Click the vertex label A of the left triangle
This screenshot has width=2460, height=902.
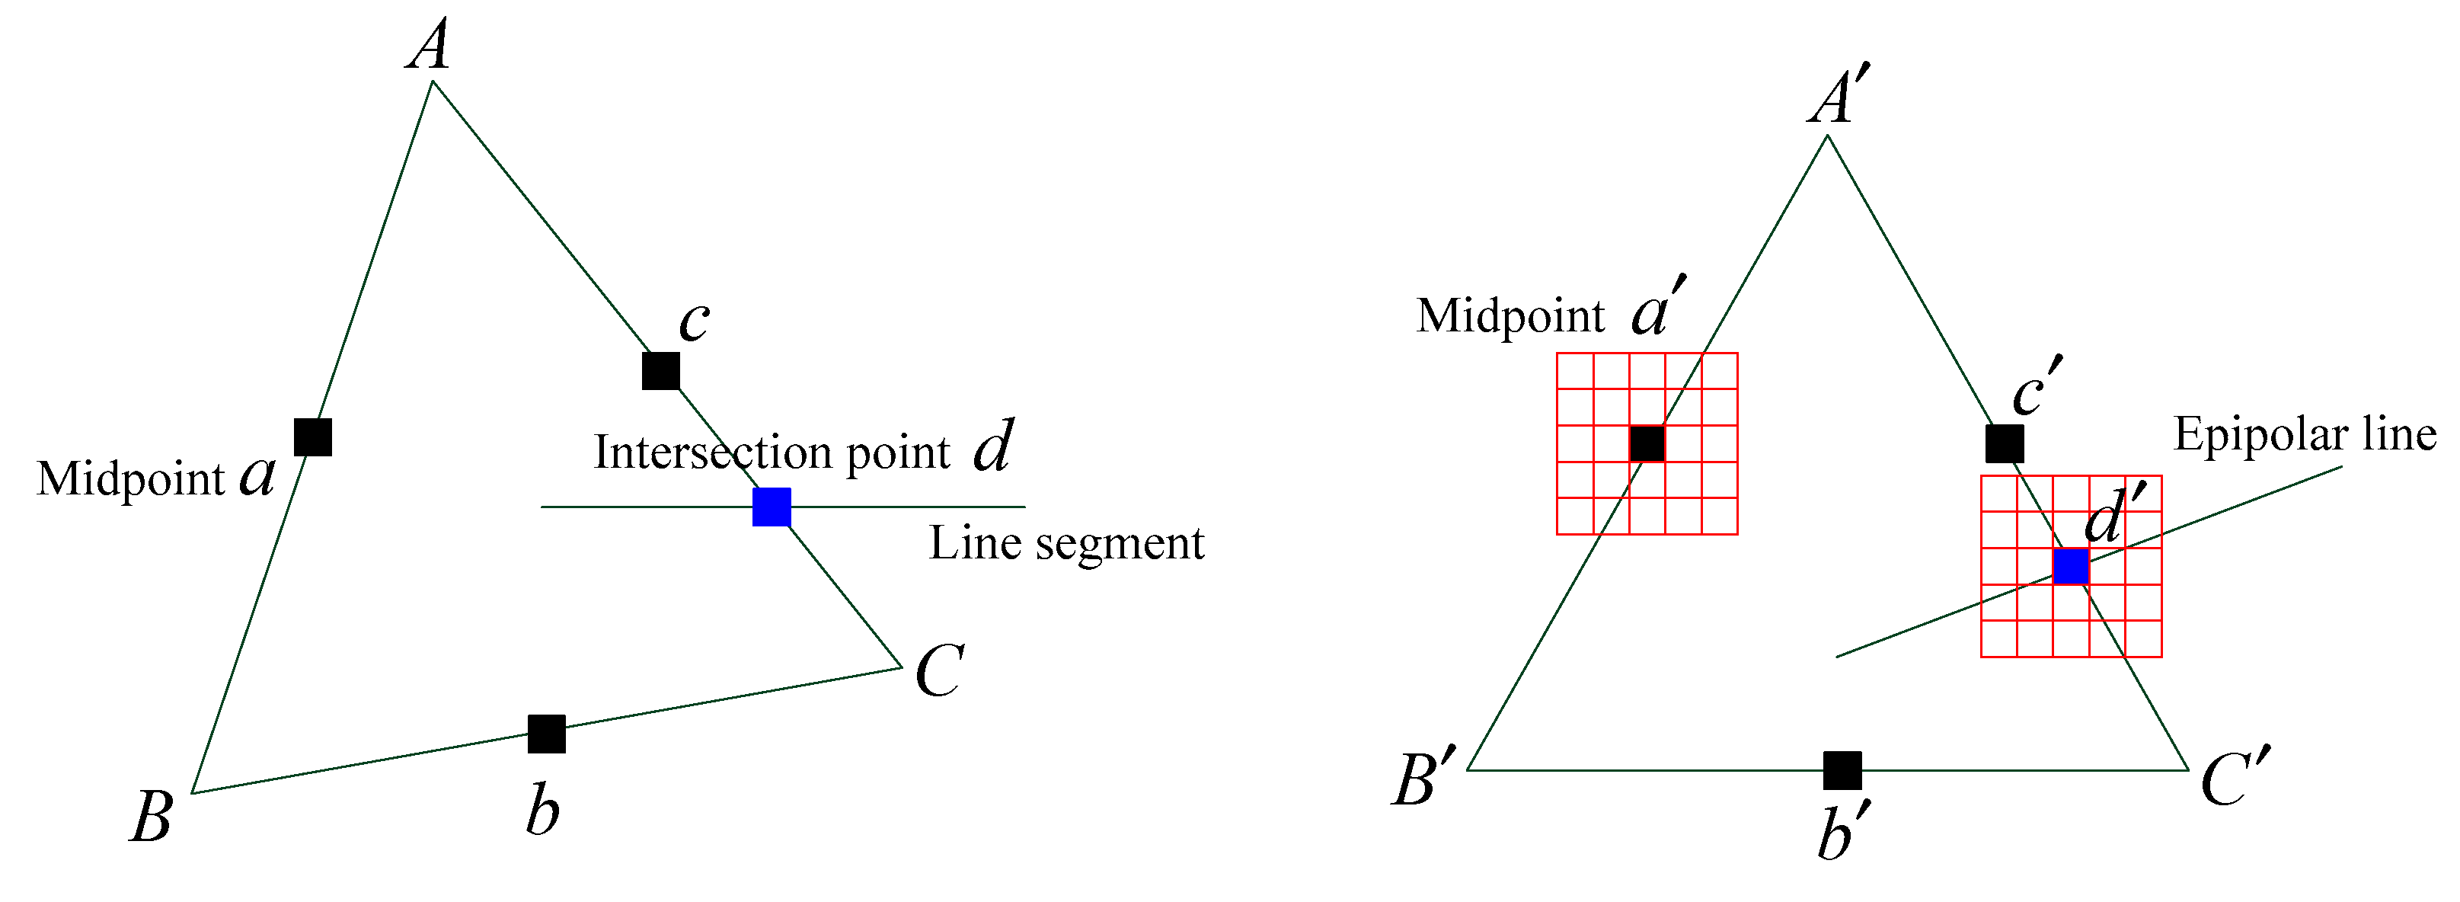click(x=429, y=46)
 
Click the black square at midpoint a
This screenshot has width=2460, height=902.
click(x=313, y=437)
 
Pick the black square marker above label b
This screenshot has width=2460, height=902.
click(x=546, y=734)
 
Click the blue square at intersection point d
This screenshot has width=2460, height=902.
click(x=772, y=507)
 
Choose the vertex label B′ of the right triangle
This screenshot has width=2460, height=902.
click(x=1423, y=779)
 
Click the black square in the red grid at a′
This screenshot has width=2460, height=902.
click(x=1647, y=443)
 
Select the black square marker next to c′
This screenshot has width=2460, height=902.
click(x=2005, y=443)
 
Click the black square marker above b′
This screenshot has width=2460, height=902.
click(x=1842, y=770)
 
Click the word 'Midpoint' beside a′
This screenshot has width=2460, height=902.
click(x=1510, y=315)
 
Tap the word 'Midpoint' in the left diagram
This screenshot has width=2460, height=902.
click(x=130, y=478)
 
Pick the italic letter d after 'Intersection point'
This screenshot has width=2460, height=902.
click(x=993, y=446)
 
